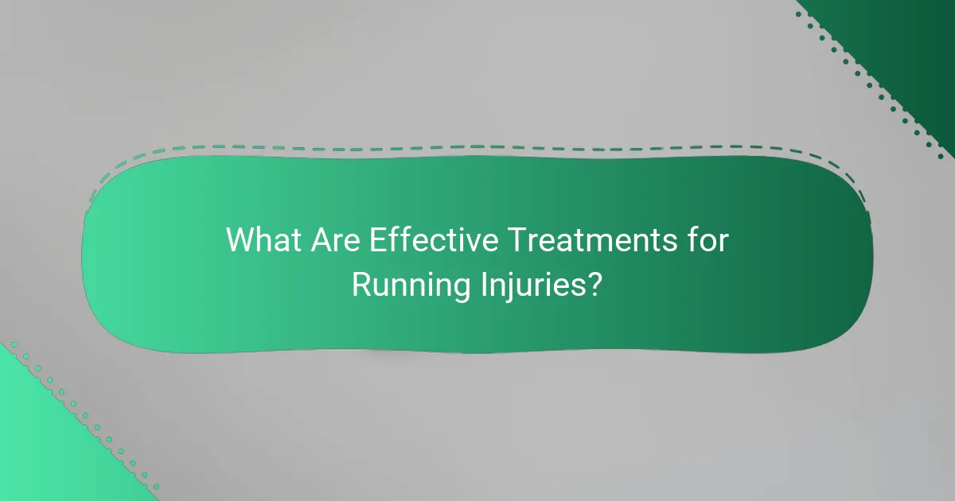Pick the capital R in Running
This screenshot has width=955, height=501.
point(360,285)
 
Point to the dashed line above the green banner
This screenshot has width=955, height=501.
point(477,147)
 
